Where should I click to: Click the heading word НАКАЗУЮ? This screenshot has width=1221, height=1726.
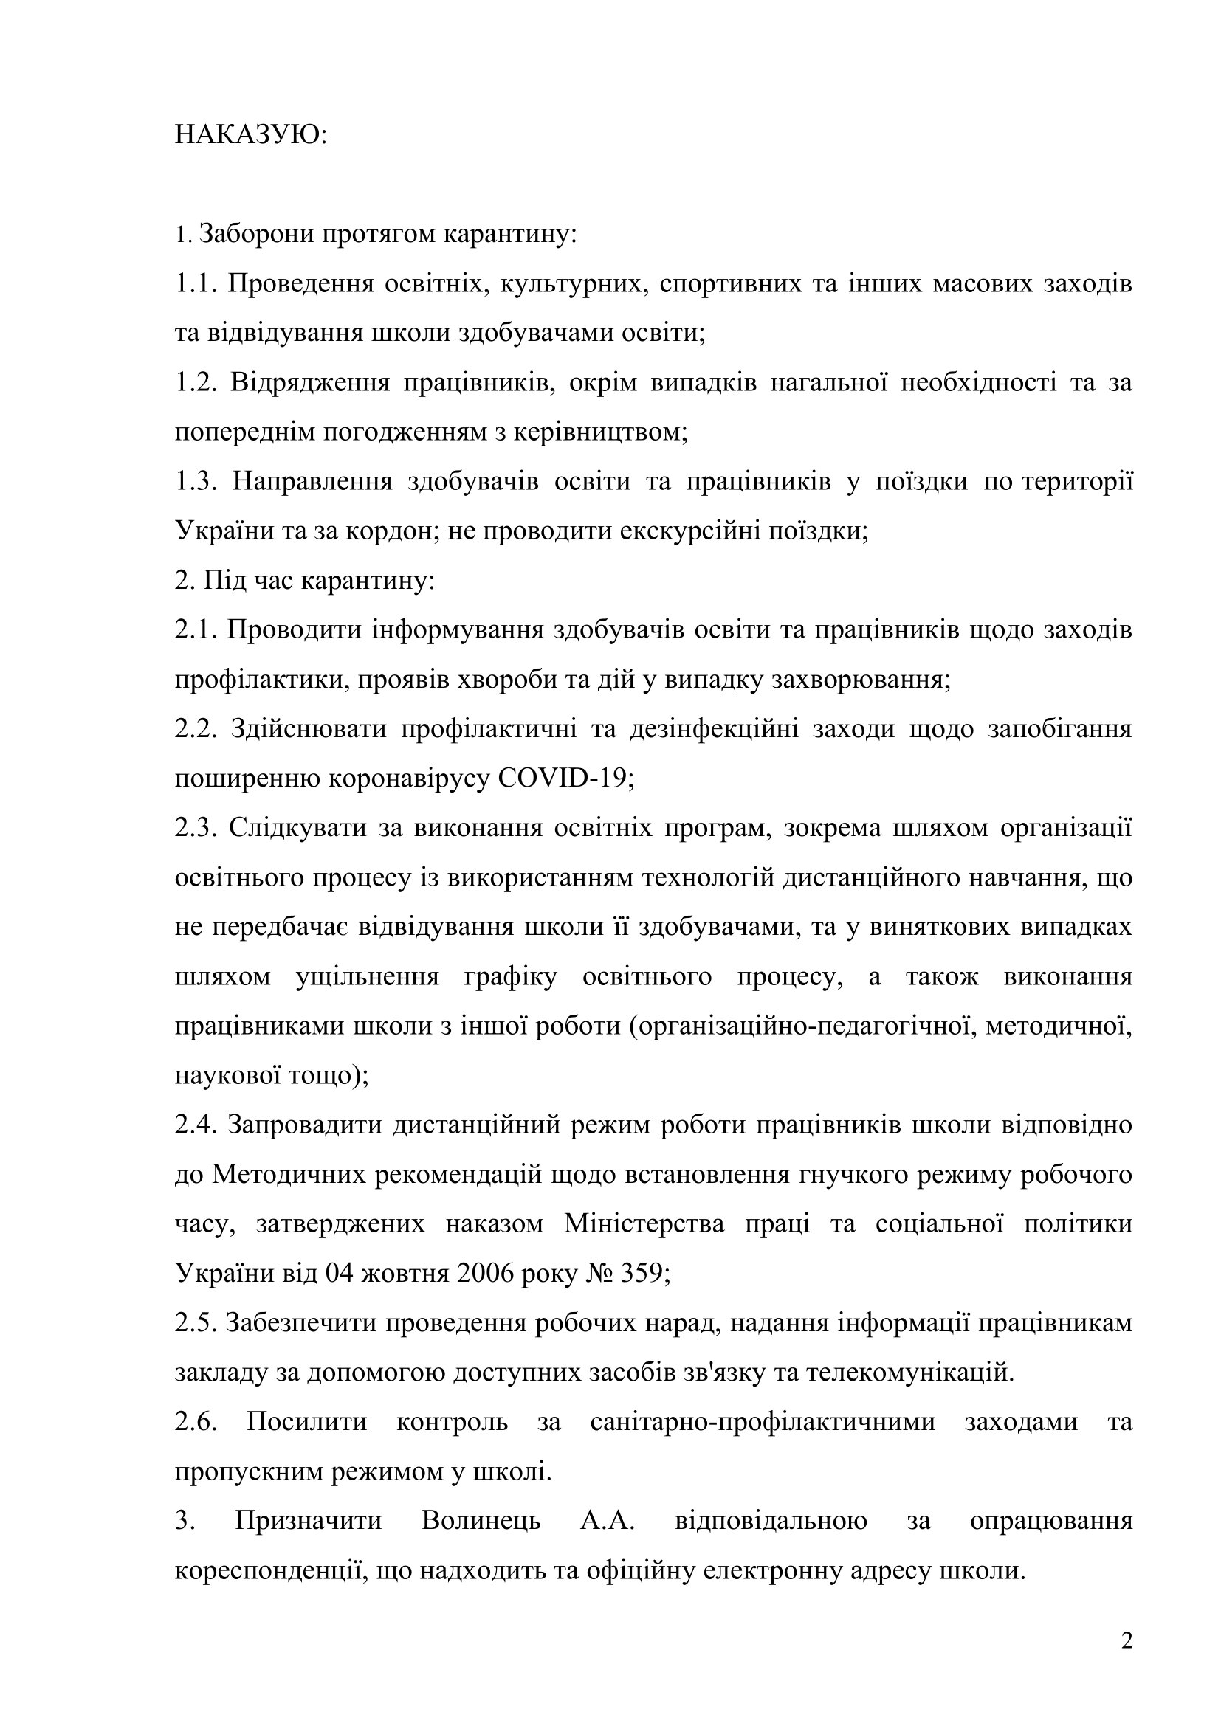point(250,135)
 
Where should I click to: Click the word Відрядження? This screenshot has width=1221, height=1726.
point(310,383)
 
